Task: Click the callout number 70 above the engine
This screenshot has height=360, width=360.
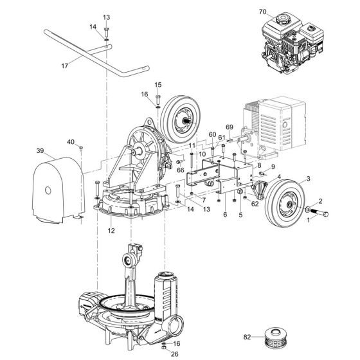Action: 262,12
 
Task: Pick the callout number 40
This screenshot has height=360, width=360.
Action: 70,141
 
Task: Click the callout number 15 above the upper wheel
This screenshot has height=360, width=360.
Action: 157,84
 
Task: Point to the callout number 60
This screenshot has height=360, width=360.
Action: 212,134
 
